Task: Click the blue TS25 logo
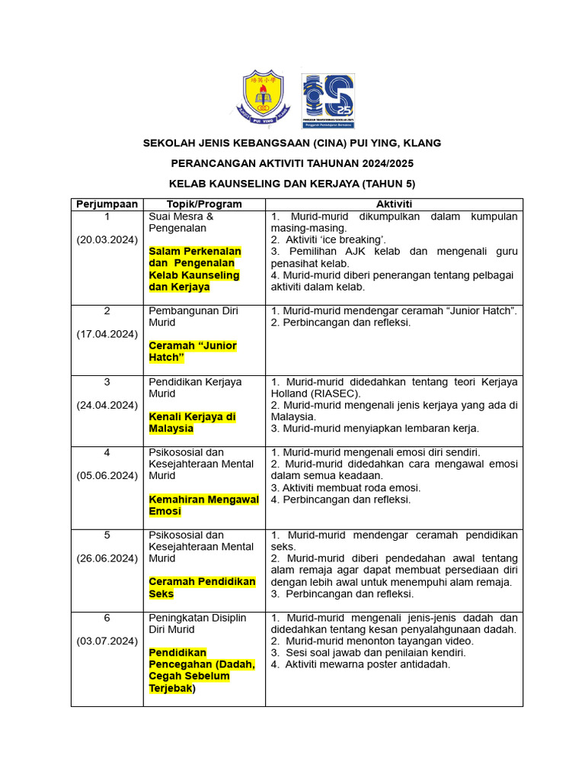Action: click(x=328, y=100)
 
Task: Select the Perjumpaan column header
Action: click(x=107, y=204)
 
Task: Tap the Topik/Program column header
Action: click(x=204, y=204)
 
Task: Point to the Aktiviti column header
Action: click(x=394, y=204)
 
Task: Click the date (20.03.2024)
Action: click(x=107, y=239)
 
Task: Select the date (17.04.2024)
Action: click(x=107, y=333)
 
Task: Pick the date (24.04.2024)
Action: click(x=107, y=405)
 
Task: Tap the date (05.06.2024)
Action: click(x=107, y=476)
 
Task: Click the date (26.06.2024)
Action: click(x=107, y=558)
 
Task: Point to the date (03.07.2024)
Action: click(x=107, y=641)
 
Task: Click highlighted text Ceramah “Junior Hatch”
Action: click(x=193, y=352)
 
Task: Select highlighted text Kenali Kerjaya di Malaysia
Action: click(x=193, y=423)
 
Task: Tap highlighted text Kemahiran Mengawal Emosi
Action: click(x=203, y=505)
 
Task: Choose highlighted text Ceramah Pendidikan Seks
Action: click(x=202, y=587)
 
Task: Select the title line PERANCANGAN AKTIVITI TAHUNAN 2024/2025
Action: click(x=292, y=164)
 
